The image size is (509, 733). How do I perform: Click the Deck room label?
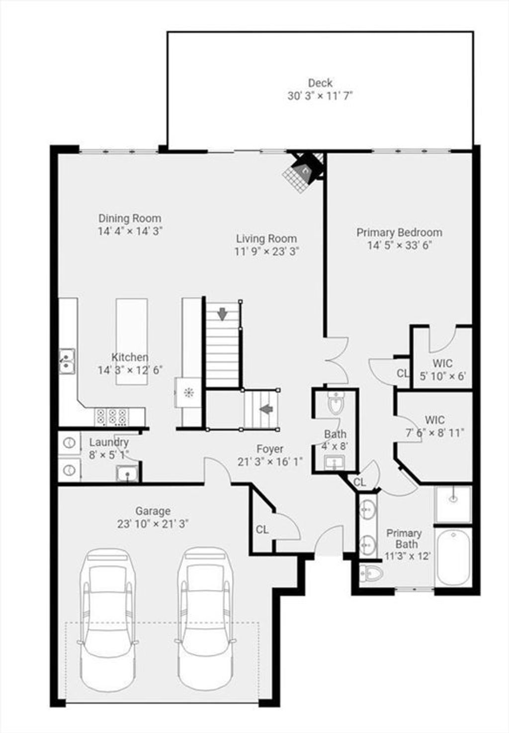[320, 83]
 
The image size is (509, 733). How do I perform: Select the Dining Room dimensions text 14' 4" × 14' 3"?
[130, 231]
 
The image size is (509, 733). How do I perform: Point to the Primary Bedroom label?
[399, 233]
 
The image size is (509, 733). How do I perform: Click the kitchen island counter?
[132, 341]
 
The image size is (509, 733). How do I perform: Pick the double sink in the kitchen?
[67, 361]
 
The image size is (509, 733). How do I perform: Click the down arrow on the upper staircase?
[222, 315]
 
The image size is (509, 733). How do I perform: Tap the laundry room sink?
[127, 474]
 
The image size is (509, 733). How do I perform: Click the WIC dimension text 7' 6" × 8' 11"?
[435, 433]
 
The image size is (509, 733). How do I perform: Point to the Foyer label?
[270, 449]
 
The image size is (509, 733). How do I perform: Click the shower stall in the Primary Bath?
[453, 504]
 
